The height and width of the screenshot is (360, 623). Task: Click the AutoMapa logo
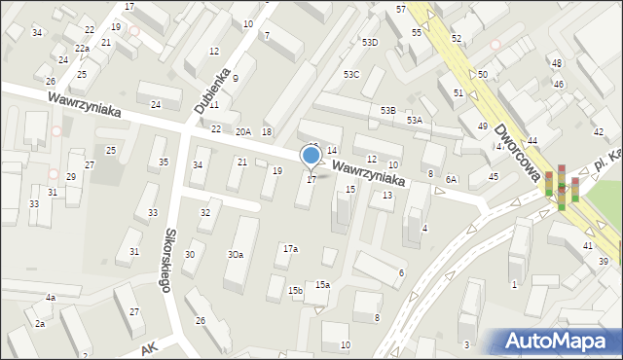tap(561, 340)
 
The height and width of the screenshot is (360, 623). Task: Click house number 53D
tap(370, 43)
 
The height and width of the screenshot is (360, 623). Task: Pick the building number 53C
tap(351, 74)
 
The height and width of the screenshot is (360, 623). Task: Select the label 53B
tap(388, 111)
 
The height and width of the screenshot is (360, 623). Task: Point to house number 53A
tap(415, 120)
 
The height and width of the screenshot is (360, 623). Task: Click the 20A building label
tap(242, 131)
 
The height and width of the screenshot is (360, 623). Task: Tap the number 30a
tap(236, 254)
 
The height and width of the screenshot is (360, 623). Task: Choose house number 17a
tap(290, 249)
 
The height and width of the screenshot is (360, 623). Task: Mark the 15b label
tap(295, 290)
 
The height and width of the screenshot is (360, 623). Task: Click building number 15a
tap(322, 284)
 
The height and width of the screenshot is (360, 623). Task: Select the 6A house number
tap(451, 180)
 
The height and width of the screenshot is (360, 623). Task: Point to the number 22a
tap(82, 48)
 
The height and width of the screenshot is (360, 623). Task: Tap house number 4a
tap(50, 297)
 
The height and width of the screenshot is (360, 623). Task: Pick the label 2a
tap(40, 323)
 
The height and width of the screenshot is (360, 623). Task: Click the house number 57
tap(401, 9)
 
